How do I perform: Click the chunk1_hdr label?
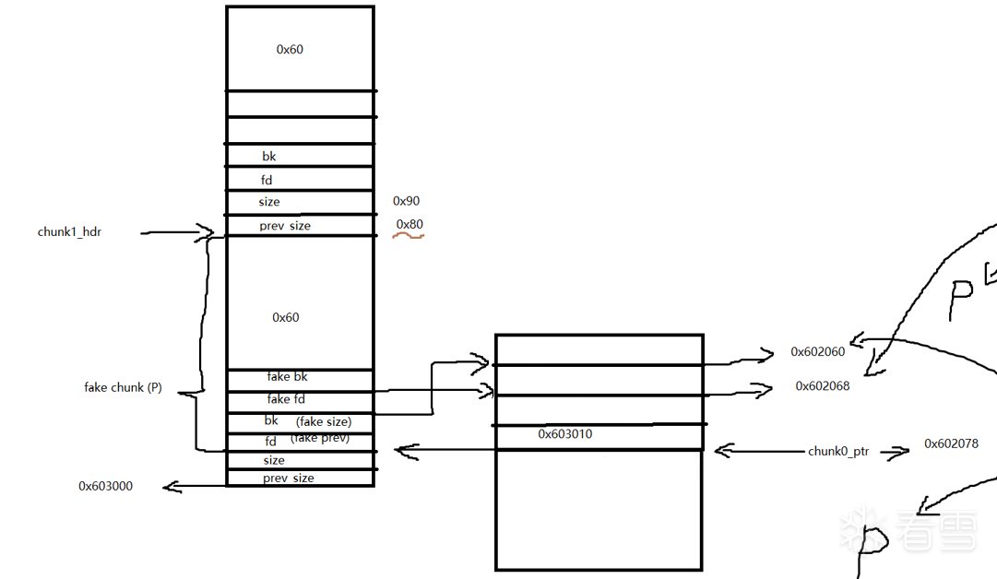69,232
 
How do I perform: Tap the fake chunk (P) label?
123,388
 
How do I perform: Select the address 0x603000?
105,486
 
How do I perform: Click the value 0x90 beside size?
406,201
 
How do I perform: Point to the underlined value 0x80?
409,224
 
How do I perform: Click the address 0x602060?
817,352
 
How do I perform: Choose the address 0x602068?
823,386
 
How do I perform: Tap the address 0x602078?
951,444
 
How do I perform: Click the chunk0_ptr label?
838,451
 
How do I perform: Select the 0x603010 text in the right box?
565,433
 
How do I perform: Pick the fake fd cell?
286,399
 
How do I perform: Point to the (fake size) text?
324,421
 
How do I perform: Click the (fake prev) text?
320,438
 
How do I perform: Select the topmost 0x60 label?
290,50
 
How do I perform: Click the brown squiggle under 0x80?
408,236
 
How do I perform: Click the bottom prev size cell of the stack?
288,478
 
